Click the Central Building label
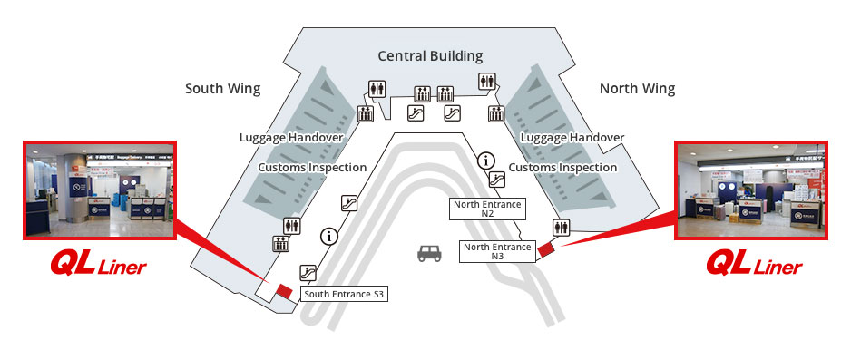pos(430,56)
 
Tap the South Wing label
pos(222,89)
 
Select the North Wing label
pos(637,89)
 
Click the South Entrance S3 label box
pos(345,294)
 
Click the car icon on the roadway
pos(429,253)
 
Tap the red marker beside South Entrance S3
pos(284,290)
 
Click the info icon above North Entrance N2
pos(487,161)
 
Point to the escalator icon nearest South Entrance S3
pos(308,272)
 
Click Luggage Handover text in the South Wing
pos(290,138)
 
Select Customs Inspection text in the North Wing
pos(562,168)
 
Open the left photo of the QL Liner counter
pos(99,190)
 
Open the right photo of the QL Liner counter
pos(752,190)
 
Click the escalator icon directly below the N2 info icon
pos(496,180)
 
